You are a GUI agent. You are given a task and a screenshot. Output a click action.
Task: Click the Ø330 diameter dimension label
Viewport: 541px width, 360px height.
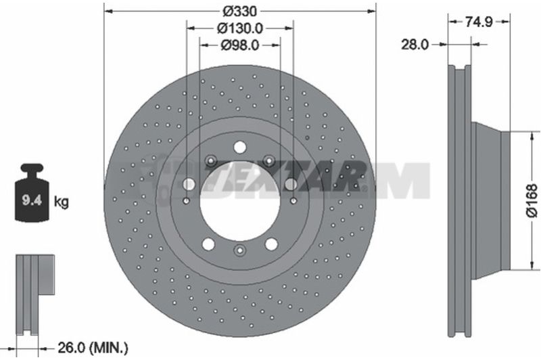[x=240, y=12]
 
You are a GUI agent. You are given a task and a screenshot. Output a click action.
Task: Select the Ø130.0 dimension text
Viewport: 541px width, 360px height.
[x=240, y=28]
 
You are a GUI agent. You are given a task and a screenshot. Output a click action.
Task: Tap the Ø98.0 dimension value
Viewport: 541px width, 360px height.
[x=240, y=45]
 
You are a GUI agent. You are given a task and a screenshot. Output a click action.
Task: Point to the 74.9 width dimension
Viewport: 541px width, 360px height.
[x=479, y=22]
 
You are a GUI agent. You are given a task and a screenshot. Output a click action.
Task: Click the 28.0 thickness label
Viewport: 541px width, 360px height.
[x=415, y=45]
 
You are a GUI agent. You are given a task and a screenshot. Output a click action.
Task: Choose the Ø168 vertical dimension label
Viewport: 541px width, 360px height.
[x=532, y=200]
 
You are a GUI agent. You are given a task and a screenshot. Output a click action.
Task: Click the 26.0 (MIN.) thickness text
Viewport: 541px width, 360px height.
[x=93, y=348]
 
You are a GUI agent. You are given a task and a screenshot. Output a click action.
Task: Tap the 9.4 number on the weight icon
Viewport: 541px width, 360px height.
[x=32, y=200]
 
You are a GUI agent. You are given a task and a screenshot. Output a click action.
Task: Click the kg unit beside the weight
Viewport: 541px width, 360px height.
[x=61, y=201]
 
